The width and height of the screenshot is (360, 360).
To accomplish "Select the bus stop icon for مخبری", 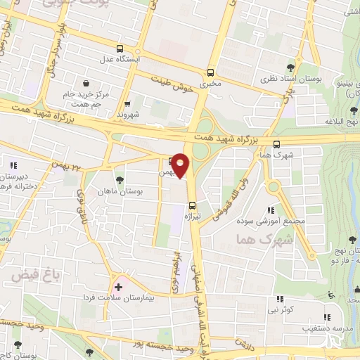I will tap(210, 72).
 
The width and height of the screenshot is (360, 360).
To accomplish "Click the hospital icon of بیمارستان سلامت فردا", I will tap(118, 287).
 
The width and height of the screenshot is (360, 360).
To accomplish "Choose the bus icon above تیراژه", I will tap(192, 205).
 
